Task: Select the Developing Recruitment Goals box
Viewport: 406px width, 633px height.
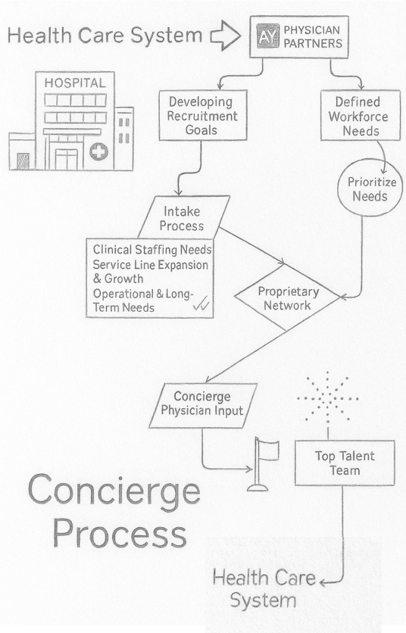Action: coord(202,116)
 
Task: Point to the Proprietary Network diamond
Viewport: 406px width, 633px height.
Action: coord(288,298)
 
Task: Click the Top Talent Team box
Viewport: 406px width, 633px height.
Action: coord(344,463)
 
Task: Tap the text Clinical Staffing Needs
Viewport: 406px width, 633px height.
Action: coord(152,250)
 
